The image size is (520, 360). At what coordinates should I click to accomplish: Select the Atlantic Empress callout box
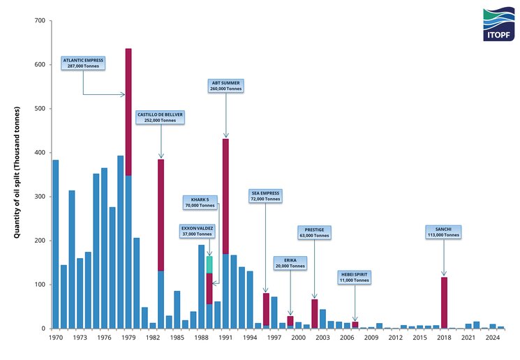[83, 63]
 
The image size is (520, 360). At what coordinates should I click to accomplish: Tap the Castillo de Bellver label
[161, 117]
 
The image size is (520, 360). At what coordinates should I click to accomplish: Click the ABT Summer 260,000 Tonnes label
[225, 87]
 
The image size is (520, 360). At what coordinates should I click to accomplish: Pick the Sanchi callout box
[443, 232]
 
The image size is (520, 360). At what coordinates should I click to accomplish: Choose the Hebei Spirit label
[355, 277]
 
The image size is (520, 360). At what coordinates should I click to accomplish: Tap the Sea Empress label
[265, 196]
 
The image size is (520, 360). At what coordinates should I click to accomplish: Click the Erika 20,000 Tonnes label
[289, 263]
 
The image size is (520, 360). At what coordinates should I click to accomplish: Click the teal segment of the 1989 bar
[209, 264]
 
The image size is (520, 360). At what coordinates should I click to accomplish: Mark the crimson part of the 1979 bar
[128, 112]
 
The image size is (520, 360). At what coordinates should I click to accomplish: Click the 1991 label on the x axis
[225, 338]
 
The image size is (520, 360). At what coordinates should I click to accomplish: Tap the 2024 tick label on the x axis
[492, 338]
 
